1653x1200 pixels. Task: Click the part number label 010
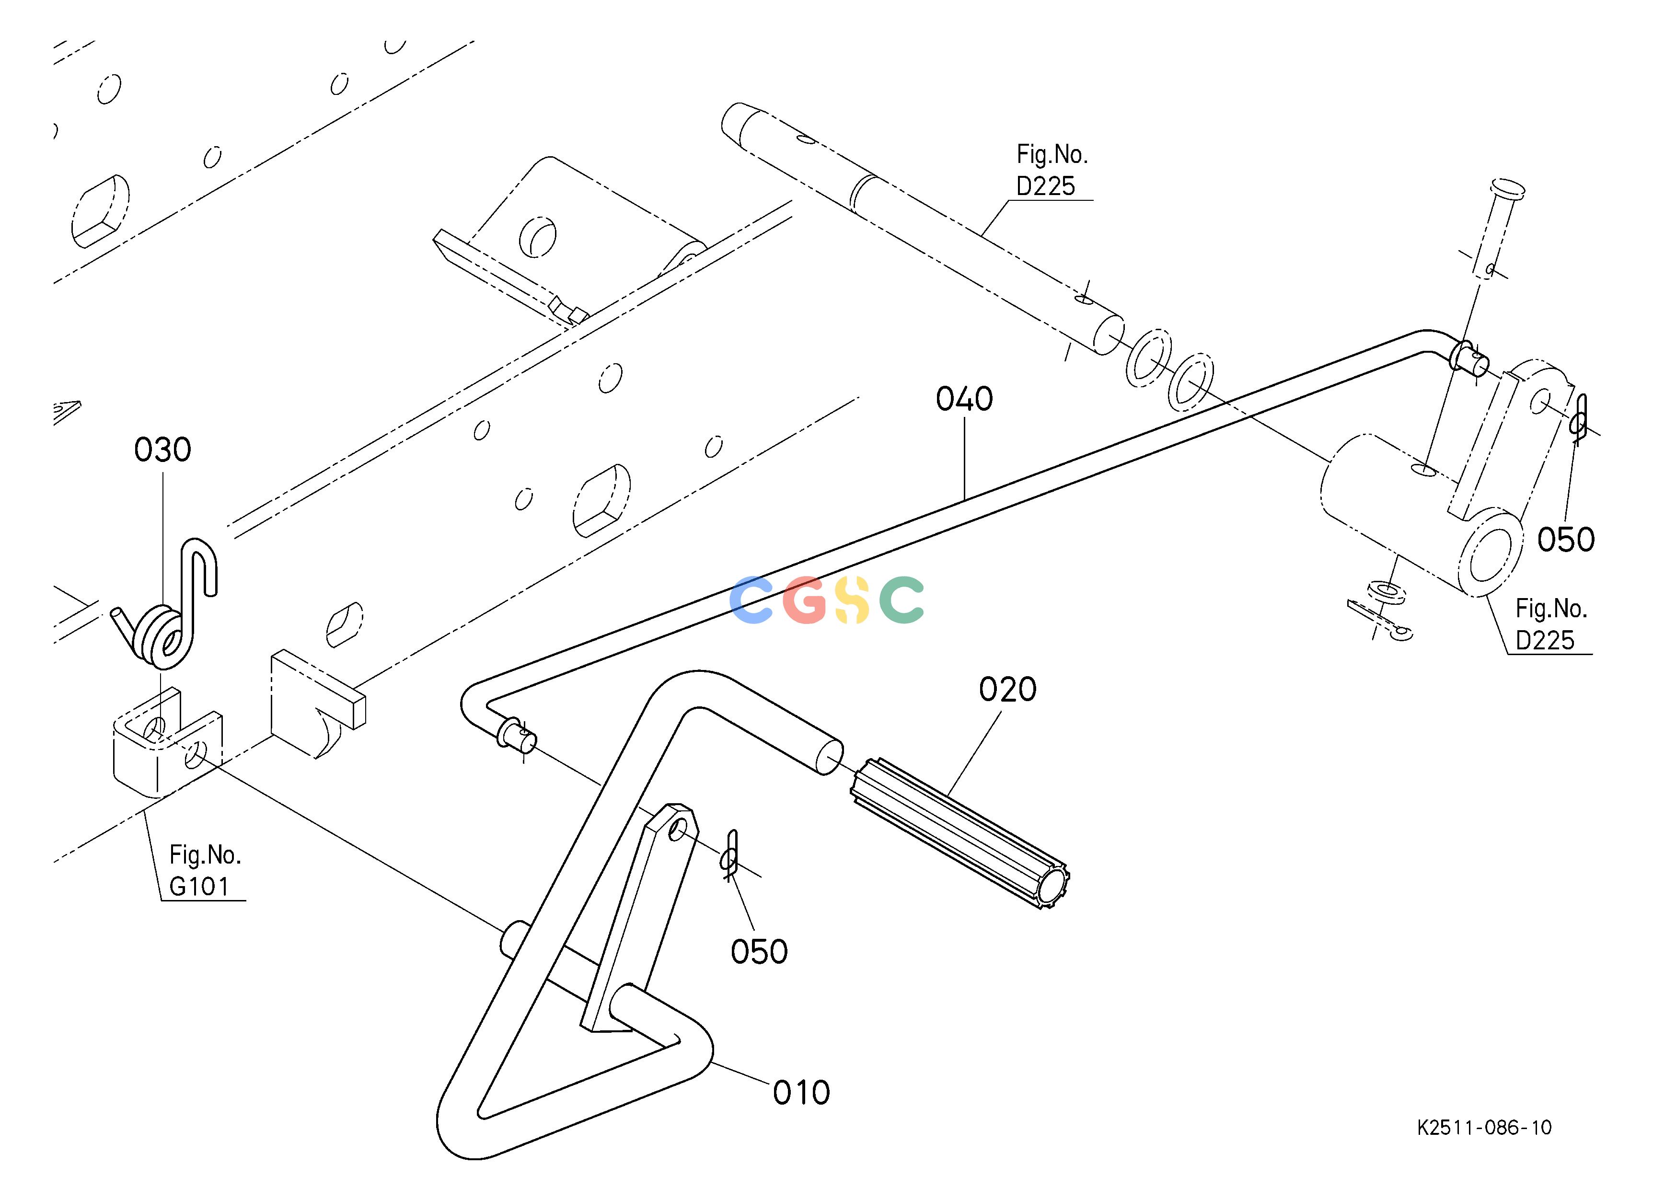[x=801, y=1093]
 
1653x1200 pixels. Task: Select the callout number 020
[x=1007, y=689]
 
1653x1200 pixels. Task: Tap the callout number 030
[x=162, y=450]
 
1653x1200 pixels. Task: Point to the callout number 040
[x=964, y=399]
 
